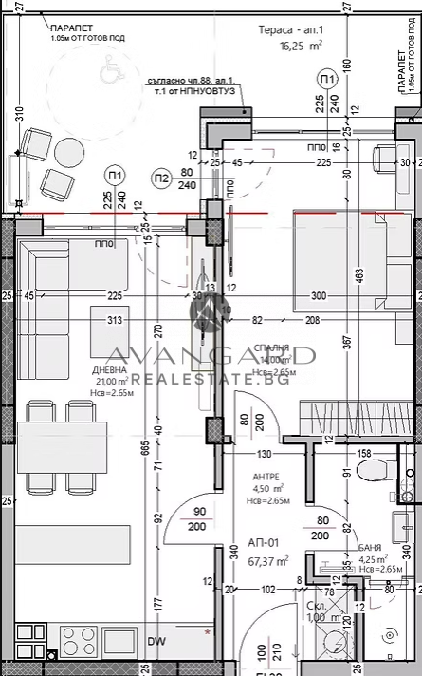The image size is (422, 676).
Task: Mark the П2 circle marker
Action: pyautogui.click(x=162, y=177)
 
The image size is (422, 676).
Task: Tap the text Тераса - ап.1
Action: pyautogui.click(x=291, y=29)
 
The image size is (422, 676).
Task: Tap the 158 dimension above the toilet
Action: pyautogui.click(x=364, y=453)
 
